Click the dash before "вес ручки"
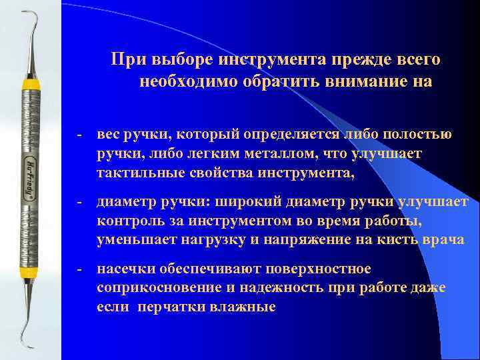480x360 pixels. [x=78, y=135]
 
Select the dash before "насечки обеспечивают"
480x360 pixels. [x=78, y=269]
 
